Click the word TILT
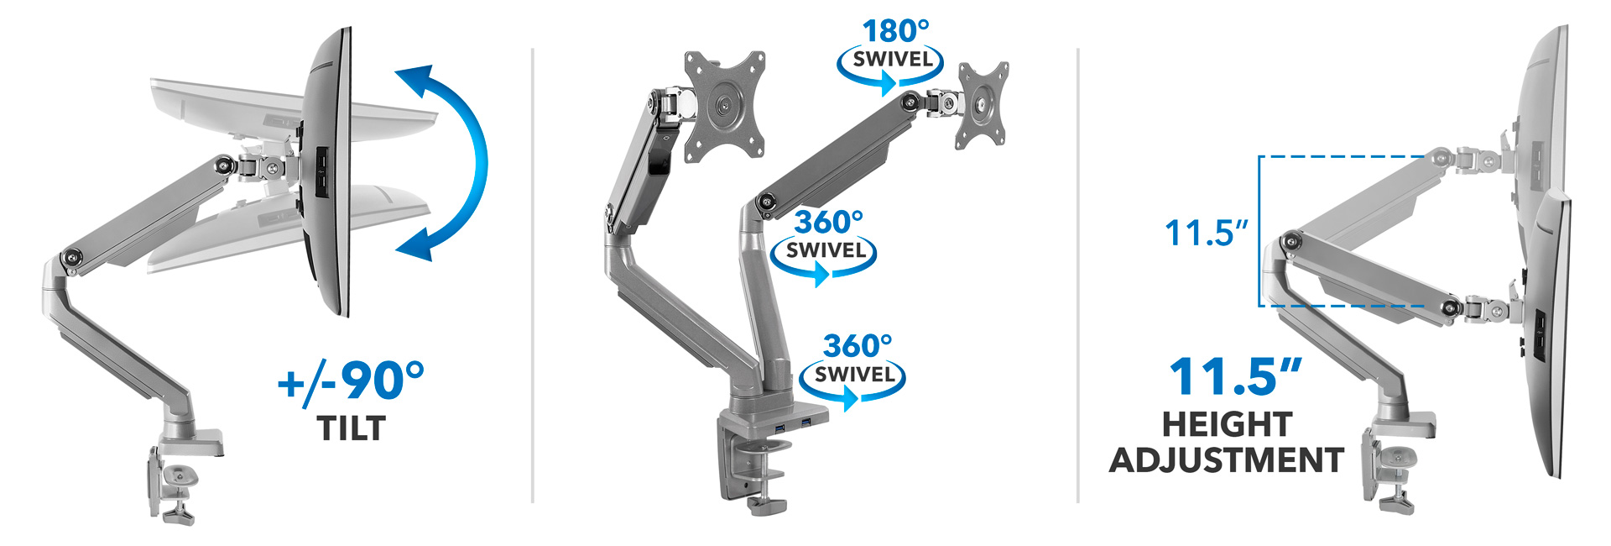(352, 428)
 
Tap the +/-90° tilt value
(351, 381)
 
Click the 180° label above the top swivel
(895, 31)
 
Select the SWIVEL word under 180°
(893, 60)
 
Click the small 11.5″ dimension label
(1206, 233)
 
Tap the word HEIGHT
(1227, 424)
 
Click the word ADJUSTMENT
(1227, 460)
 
